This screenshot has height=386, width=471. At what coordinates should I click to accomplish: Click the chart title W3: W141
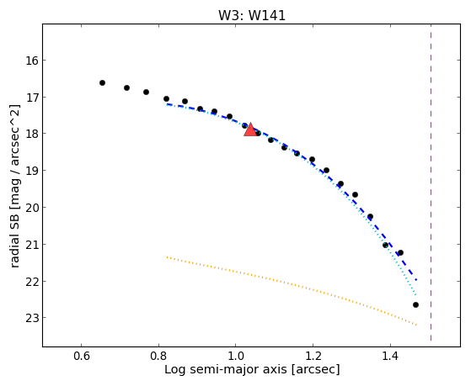[252, 16]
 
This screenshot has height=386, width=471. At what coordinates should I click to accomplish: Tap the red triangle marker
[250, 130]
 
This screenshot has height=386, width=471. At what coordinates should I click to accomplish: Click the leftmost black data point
[102, 82]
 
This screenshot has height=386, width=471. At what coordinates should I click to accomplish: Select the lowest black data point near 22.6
[415, 305]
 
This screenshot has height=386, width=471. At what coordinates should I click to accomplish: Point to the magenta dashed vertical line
[431, 182]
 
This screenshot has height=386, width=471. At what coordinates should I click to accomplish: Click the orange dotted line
[292, 290]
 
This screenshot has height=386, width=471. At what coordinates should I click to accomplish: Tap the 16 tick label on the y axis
[32, 61]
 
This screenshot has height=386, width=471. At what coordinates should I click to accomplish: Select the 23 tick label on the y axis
[32, 318]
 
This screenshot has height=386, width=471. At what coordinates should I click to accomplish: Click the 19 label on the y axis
[32, 171]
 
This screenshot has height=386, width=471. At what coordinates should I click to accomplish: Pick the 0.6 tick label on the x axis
[81, 356]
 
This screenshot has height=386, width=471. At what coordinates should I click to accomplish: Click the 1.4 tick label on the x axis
[390, 356]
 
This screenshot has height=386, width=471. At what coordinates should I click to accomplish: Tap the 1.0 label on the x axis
[236, 356]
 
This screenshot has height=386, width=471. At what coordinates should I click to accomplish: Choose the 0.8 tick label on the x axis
[158, 356]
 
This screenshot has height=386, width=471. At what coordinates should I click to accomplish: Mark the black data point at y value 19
[326, 171]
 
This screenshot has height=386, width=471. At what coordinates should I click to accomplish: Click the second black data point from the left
[126, 87]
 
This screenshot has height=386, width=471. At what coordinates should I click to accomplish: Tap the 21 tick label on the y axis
[32, 245]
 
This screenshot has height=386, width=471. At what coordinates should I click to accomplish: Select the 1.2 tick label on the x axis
[313, 356]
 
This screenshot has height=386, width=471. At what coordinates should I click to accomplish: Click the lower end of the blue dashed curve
[416, 280]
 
